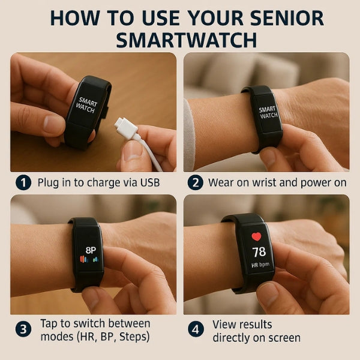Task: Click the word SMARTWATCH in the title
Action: tap(186, 40)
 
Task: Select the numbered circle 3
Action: tap(23, 329)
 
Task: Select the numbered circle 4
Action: tap(195, 329)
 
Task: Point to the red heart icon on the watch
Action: tap(257, 236)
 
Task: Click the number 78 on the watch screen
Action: tap(259, 251)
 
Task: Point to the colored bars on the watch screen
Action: tap(89, 260)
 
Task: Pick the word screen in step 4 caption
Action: tap(283, 338)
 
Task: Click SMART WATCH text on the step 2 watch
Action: tap(268, 112)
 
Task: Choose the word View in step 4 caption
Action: tap(226, 324)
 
